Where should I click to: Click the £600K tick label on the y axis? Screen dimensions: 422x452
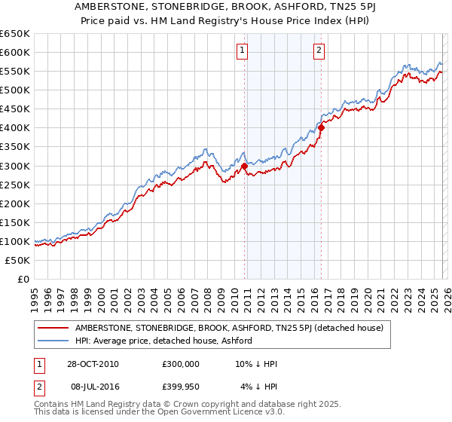pyautogui.click(x=15, y=53)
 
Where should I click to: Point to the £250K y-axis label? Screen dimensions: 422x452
pyautogui.click(x=15, y=185)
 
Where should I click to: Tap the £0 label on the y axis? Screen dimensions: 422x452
pyautogui.click(x=24, y=279)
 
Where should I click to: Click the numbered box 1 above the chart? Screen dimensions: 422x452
pyautogui.click(x=243, y=51)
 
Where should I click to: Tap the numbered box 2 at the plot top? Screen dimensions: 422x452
pyautogui.click(x=319, y=51)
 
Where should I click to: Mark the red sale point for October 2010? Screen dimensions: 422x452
pyautogui.click(x=245, y=166)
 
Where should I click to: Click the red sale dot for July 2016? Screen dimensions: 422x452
pyautogui.click(x=321, y=128)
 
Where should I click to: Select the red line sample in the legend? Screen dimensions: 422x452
pyautogui.click(x=53, y=329)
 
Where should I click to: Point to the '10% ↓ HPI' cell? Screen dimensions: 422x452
pyautogui.click(x=256, y=364)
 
